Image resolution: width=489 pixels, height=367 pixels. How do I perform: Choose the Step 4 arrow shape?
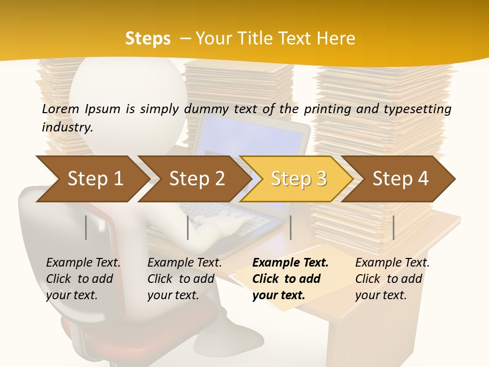point(400,179)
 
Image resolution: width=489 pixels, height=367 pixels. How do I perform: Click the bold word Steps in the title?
point(148,39)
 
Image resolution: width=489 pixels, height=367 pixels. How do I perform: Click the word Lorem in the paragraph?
point(60,109)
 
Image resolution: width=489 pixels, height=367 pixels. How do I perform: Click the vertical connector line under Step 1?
point(86,227)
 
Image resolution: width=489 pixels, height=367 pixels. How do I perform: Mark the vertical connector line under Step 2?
point(188,227)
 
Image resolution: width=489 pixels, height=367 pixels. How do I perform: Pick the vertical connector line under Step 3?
point(290,227)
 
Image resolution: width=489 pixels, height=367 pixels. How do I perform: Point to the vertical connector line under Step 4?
point(393,227)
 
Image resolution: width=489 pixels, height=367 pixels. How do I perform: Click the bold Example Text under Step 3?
point(290,263)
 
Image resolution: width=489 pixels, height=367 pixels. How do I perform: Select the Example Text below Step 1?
point(83,263)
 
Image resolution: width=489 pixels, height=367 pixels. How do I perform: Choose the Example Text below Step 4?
point(392,263)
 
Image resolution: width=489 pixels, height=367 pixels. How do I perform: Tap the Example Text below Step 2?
point(184,263)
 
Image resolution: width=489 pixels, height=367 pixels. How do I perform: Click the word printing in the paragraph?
point(326,109)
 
